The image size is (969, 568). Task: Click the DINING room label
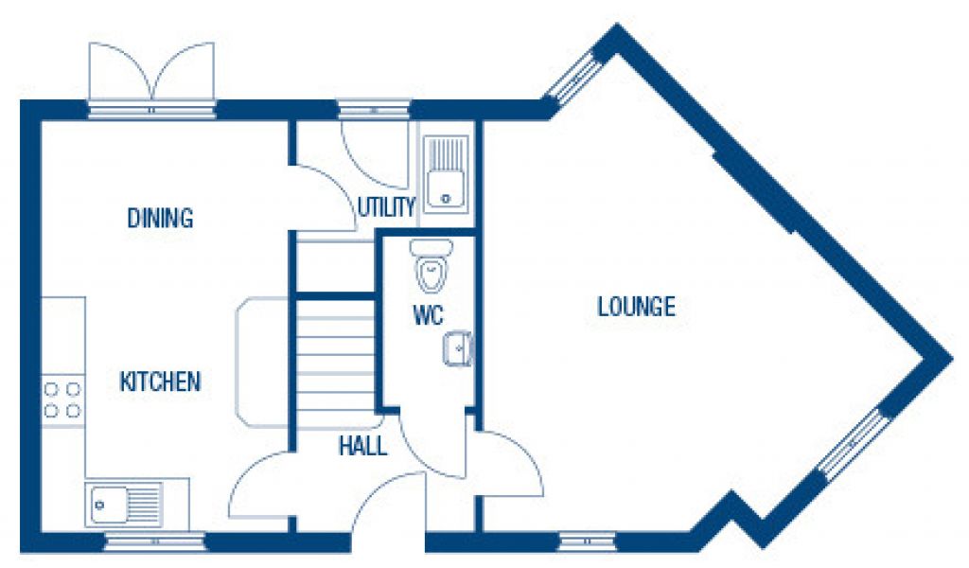tap(160, 219)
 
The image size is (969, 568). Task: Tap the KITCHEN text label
tap(160, 382)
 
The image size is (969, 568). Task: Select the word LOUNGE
tap(636, 307)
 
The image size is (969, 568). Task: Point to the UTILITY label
tap(386, 207)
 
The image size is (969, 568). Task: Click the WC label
tap(428, 317)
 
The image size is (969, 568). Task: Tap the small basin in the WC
tap(457, 349)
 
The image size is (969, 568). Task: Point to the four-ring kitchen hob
tap(62, 399)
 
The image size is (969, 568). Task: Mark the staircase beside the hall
tap(336, 355)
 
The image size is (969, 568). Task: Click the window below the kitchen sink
tap(154, 542)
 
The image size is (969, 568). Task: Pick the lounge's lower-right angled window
tap(852, 444)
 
